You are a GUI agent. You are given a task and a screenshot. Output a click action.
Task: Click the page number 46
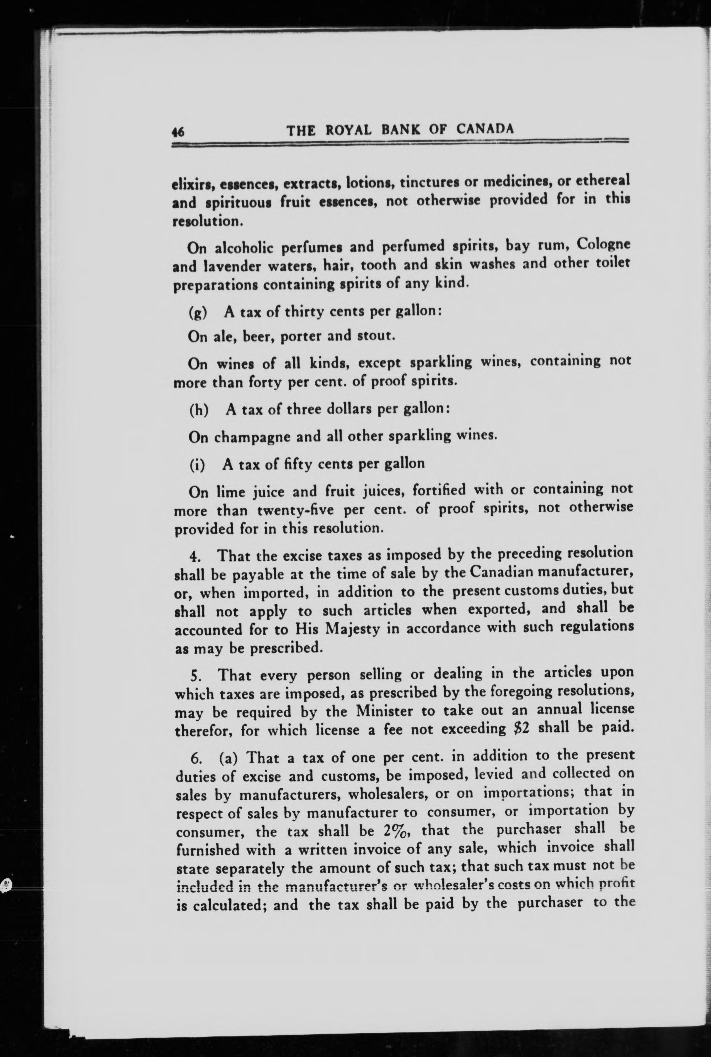coord(178,132)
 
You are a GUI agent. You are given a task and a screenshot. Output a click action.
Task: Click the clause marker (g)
coord(198,313)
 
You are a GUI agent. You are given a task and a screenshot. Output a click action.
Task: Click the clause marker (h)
coord(199,410)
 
